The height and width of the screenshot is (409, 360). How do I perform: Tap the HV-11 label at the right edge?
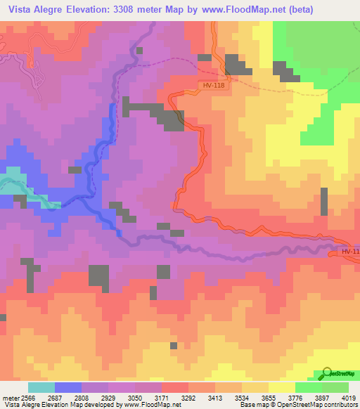(x=349, y=252)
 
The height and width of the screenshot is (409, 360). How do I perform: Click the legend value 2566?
(x=27, y=397)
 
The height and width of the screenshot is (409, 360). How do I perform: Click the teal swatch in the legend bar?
(x=41, y=387)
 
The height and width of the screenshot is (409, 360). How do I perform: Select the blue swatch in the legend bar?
(x=67, y=387)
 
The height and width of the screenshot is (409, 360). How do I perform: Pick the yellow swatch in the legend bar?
(x=281, y=387)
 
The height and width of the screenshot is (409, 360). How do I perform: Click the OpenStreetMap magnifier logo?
(x=326, y=374)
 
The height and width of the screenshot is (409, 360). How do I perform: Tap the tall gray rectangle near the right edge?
(x=324, y=202)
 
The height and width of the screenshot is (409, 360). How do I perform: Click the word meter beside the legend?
(x=9, y=397)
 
